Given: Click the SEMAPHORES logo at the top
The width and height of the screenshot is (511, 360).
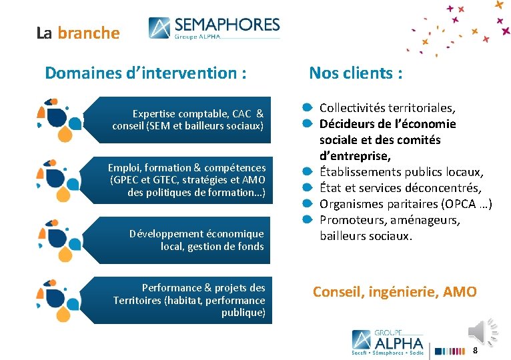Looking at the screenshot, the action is coord(214,28).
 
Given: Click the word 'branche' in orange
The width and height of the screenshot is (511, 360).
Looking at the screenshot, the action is coord(89,33).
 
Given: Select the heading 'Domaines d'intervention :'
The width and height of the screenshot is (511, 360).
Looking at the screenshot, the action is coord(145,73).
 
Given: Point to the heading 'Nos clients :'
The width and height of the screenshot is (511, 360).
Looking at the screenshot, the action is coord(356,73).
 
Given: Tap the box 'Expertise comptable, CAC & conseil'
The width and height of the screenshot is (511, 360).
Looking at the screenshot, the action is coord(188,119).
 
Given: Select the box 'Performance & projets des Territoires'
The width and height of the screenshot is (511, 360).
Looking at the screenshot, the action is coord(189,300).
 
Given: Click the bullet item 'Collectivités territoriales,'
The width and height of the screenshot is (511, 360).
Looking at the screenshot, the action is coord(387,107).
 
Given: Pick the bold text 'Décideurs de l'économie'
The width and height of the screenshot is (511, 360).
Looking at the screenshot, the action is coord(388,123).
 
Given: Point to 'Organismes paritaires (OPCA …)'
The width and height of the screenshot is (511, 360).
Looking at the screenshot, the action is coord(406,204).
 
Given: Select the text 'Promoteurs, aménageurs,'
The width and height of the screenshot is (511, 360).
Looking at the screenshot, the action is coord(390,220).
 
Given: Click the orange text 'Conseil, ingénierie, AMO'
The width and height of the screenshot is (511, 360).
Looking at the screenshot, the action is coord(395,291).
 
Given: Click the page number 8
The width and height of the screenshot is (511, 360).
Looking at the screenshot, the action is coord(475,351).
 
